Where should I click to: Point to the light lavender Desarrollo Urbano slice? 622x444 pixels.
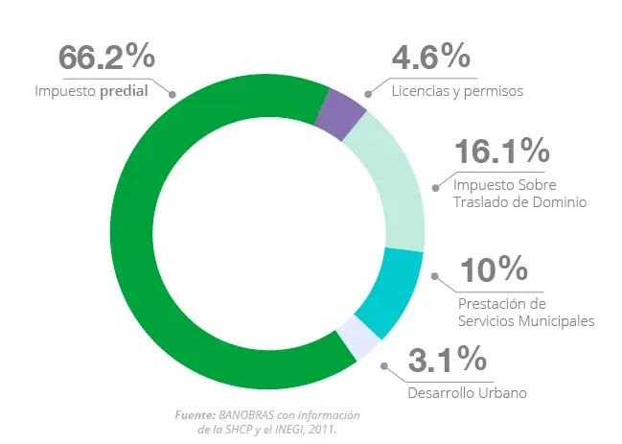coord(354,340)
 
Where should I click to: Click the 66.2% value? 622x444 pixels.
coord(107,58)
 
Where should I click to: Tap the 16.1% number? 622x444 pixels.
coord(501,151)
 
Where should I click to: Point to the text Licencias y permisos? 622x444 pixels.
coord(456,92)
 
